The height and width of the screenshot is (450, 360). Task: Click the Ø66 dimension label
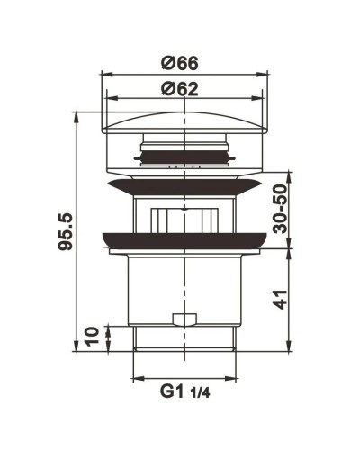[180, 63]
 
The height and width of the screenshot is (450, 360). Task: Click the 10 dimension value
[91, 337]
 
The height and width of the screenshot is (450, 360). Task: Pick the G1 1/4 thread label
[186, 392]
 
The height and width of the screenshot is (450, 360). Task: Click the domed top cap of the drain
[186, 121]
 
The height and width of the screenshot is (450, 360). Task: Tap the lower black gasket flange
[186, 240]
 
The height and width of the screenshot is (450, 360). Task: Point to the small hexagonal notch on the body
[183, 319]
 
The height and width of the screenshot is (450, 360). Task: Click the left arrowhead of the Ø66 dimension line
[102, 75]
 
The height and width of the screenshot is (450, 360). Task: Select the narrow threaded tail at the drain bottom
[186, 340]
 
